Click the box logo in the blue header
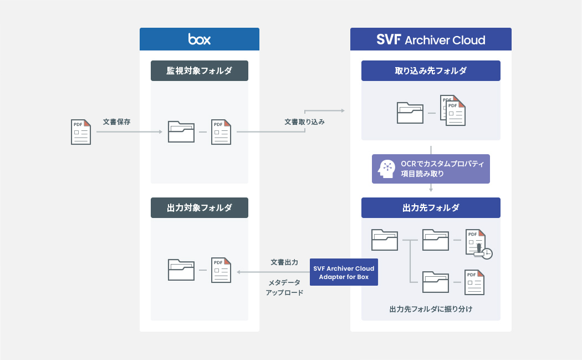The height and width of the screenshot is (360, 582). [x=200, y=39]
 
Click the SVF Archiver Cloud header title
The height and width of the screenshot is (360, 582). [x=431, y=39]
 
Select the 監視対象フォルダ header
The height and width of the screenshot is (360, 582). [x=200, y=71]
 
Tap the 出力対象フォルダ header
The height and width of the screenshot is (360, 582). [x=200, y=208]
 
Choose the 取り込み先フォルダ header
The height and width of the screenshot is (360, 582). [x=431, y=71]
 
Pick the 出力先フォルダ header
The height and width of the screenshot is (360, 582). [x=431, y=208]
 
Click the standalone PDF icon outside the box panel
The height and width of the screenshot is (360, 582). [x=80, y=132]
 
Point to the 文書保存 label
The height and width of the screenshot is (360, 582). [x=117, y=121]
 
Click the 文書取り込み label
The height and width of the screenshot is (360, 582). [x=304, y=121]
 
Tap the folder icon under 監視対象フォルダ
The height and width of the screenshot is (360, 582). [x=181, y=132]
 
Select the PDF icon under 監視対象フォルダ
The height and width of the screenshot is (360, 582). [x=221, y=132]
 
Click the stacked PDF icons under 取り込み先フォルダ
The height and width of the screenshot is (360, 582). [x=452, y=110]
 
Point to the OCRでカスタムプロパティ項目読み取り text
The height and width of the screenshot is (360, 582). [x=442, y=169]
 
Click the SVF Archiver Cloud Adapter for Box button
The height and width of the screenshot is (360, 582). [x=344, y=272]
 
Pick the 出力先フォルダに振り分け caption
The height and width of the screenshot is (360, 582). [x=431, y=309]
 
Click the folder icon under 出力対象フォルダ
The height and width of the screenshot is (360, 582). [x=181, y=270]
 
